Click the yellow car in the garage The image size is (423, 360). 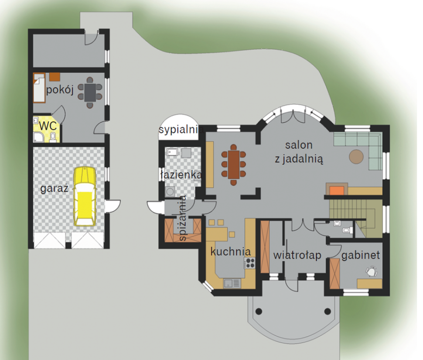click(x=85, y=196)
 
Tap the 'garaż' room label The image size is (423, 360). click(x=54, y=189)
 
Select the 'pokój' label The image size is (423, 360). click(x=60, y=89)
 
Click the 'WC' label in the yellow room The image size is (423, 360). click(x=48, y=126)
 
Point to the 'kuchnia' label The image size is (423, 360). click(x=230, y=251)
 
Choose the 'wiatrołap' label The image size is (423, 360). click(x=297, y=255)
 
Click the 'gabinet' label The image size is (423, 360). click(x=361, y=255)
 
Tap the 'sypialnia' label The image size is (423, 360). click(x=181, y=130)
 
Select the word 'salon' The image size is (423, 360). click(x=299, y=145)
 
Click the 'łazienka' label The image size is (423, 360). click(x=181, y=175)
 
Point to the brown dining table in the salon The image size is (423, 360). click(x=234, y=165)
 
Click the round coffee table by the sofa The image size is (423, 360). click(x=356, y=157)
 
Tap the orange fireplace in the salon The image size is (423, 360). click(x=337, y=190)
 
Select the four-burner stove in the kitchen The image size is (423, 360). click(x=250, y=263)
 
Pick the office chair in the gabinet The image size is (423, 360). click(x=371, y=271)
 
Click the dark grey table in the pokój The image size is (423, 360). click(x=90, y=93)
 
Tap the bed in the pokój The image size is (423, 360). click(x=39, y=88)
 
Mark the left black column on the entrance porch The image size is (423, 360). click(x=259, y=311)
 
